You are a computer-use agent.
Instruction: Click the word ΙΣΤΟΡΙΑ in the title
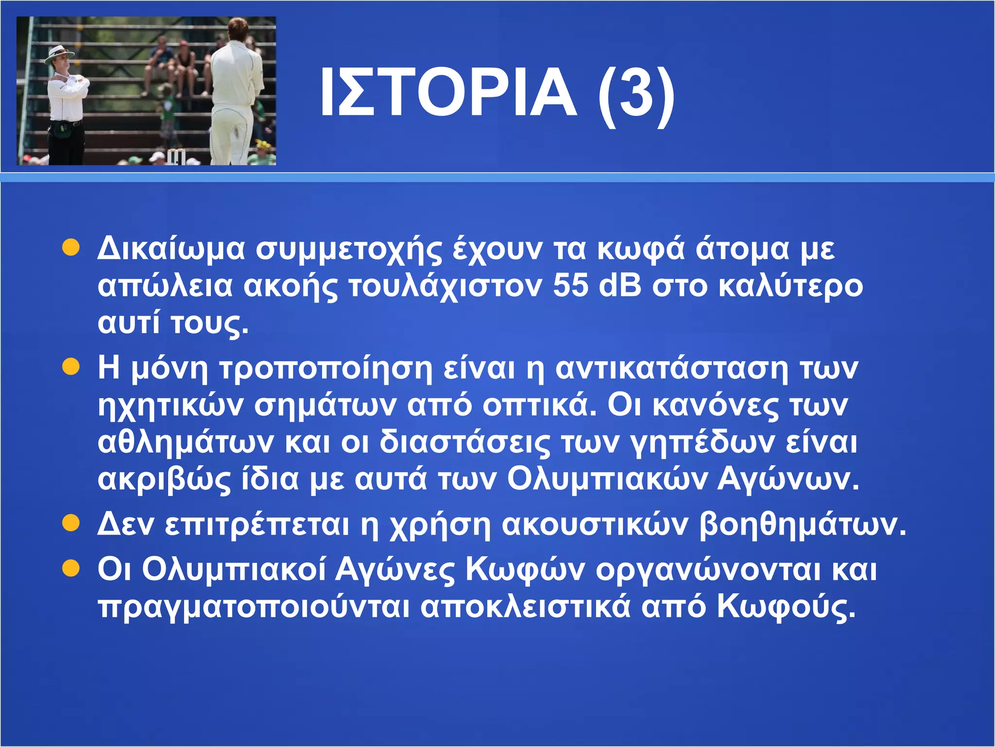click(x=447, y=92)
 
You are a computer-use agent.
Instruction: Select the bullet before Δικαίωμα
click(x=71, y=248)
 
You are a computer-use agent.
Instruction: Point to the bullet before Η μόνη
click(x=71, y=367)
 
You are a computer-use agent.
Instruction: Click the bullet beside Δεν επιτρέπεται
click(x=71, y=524)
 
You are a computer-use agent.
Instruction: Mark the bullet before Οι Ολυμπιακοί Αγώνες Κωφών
click(x=71, y=568)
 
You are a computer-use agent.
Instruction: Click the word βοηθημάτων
click(x=802, y=525)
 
